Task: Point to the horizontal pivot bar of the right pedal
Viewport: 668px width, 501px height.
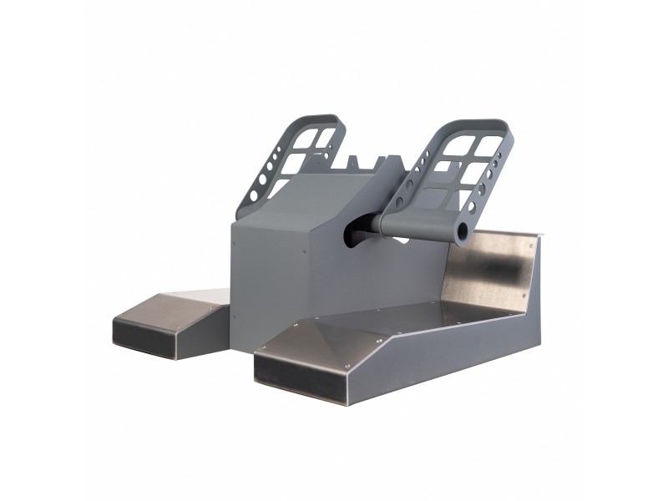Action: (422, 223)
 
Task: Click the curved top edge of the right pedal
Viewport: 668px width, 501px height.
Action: (484, 124)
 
